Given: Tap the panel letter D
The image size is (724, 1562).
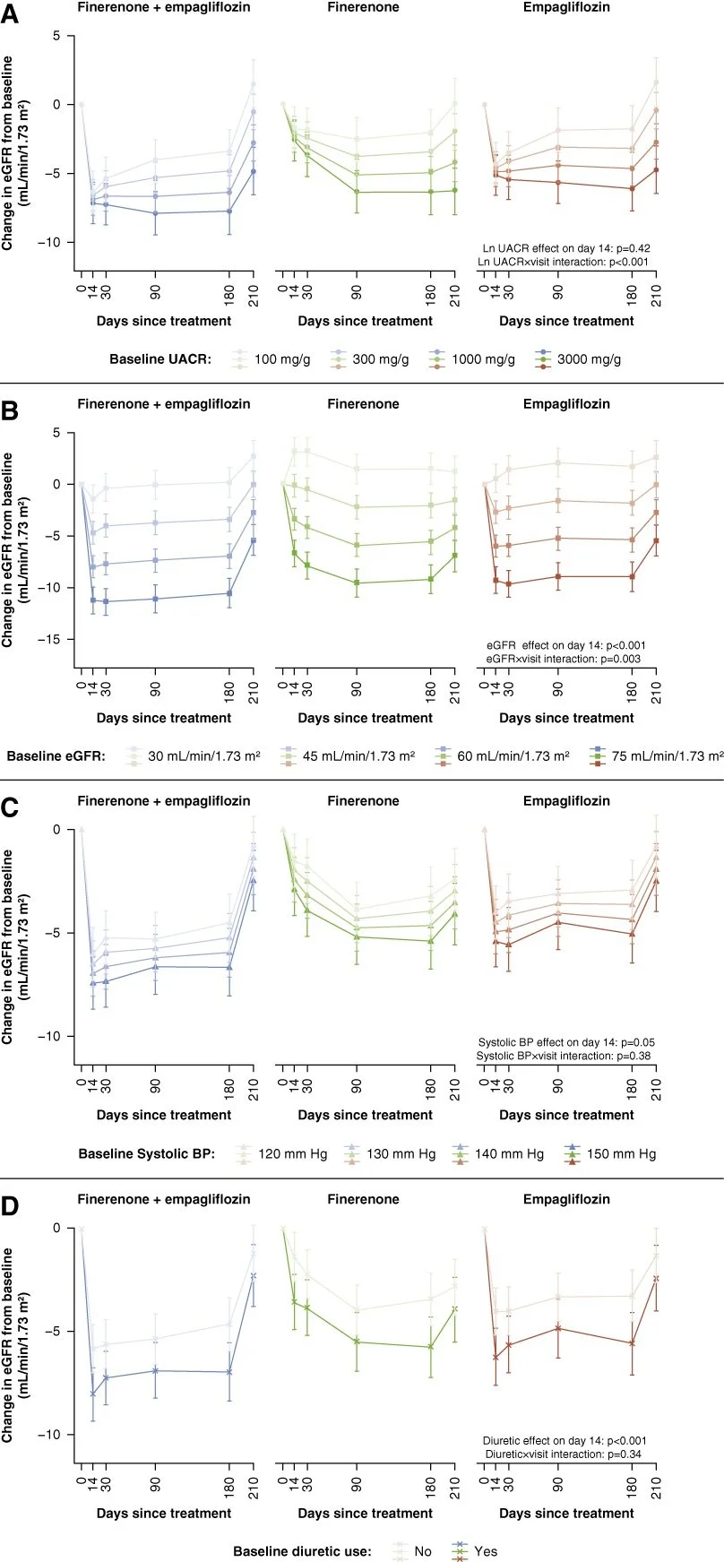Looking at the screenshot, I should point(11,1206).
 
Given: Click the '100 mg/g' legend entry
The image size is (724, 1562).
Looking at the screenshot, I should point(278,359).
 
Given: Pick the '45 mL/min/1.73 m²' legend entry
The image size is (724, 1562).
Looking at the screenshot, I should point(358,755).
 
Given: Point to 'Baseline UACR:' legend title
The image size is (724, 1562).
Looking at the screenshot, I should point(160,359).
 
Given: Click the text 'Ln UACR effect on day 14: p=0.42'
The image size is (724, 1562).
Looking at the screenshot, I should point(565,248).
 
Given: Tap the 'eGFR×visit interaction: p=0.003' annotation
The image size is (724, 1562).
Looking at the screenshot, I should point(565,659).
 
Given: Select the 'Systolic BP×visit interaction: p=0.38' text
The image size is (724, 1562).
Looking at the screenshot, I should point(565,1056).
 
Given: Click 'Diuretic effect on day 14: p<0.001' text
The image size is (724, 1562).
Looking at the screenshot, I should point(565,1440).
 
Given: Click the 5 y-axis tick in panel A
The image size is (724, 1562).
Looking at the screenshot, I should point(56,36).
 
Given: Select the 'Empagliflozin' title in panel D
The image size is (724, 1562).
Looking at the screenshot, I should point(566,1199).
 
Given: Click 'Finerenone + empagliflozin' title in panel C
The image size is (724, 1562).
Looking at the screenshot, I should point(163,801).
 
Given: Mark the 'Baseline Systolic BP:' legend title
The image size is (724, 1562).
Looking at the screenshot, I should point(147,1153).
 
